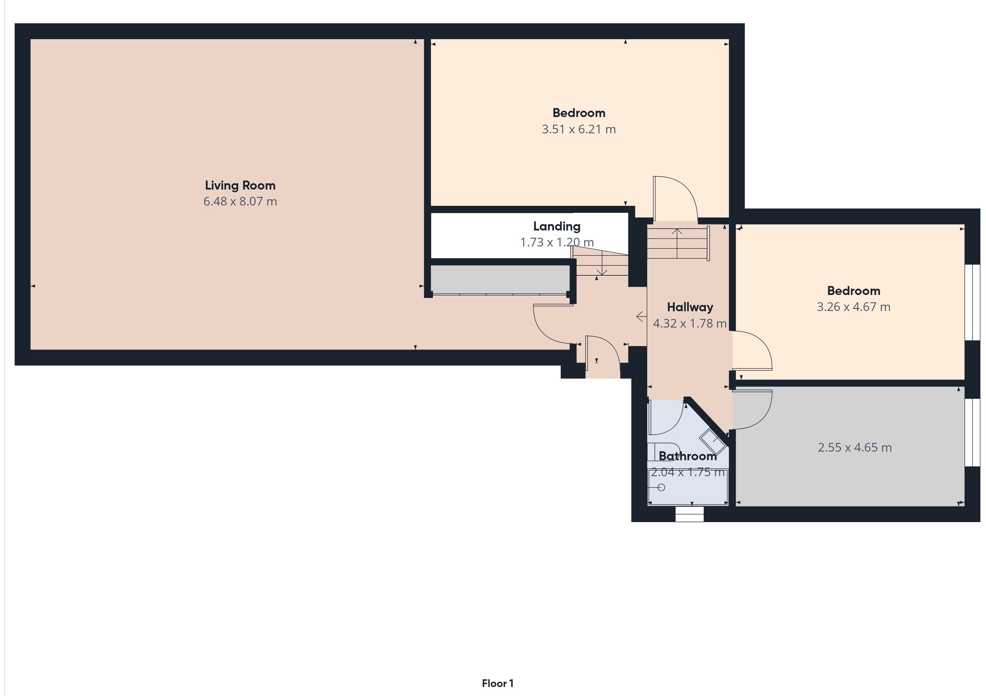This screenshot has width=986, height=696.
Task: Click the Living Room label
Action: (240, 185)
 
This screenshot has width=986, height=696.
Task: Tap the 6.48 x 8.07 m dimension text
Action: (240, 201)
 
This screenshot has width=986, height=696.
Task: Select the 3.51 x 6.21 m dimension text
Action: (579, 129)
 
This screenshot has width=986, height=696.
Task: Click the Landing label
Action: (557, 226)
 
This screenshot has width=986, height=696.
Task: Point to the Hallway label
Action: (690, 307)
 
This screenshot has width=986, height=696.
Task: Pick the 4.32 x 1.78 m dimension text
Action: (690, 323)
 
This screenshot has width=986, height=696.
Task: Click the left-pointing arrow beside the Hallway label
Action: (641, 317)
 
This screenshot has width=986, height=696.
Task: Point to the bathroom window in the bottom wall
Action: (690, 514)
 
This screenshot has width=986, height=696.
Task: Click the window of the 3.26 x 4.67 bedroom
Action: (973, 303)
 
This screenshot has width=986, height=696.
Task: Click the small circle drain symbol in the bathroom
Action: (661, 487)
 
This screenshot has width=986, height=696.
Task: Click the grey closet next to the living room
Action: (500, 279)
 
